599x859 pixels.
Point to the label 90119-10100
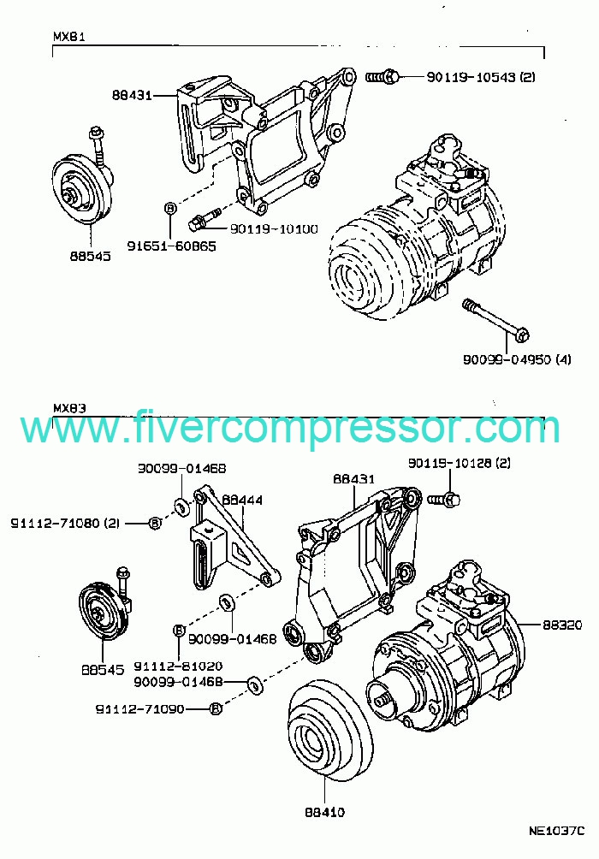tap(273, 228)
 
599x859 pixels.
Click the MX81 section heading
tap(68, 39)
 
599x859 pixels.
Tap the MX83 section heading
tap(68, 407)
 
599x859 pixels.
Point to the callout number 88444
tap(242, 499)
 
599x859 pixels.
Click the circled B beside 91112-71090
tap(215, 708)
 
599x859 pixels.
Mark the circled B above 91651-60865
tap(169, 208)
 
